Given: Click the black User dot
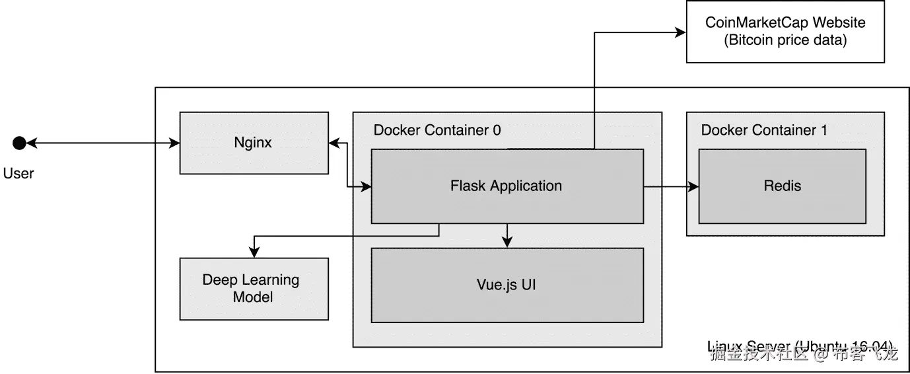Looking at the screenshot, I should click(x=19, y=142).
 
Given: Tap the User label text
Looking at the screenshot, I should click(x=18, y=174).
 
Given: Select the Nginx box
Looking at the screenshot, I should click(x=254, y=143).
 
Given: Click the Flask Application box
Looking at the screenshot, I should click(x=507, y=186).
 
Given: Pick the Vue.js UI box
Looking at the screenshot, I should click(x=507, y=285).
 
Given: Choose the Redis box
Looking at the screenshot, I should click(x=782, y=186).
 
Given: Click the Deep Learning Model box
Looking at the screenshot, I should click(x=254, y=289).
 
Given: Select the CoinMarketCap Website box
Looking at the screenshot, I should click(x=785, y=32).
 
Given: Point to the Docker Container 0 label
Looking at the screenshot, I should click(x=437, y=130).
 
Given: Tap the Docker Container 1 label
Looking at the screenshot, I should click(x=764, y=130).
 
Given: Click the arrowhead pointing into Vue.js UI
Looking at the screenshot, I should click(x=507, y=243).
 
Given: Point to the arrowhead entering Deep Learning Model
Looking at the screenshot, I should click(x=254, y=252).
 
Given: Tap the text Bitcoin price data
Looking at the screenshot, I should click(x=785, y=40).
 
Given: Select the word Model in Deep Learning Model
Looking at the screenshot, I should click(x=253, y=297).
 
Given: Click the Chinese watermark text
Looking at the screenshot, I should click(x=804, y=354).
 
